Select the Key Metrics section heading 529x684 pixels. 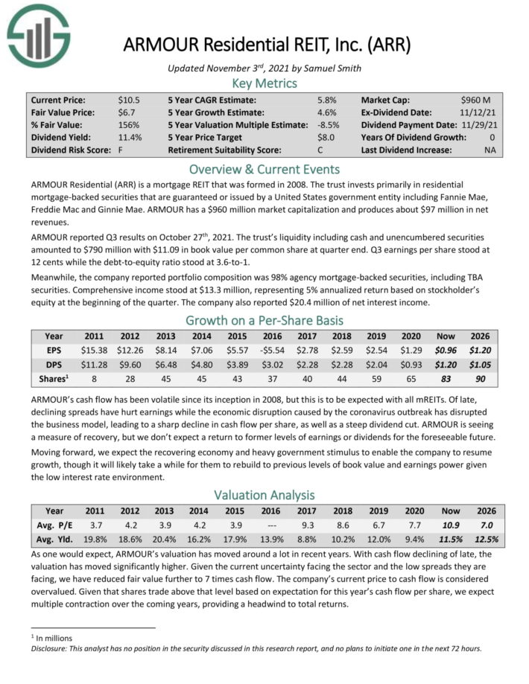tap(264, 83)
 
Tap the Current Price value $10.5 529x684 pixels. tap(129, 99)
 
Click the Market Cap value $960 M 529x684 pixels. tap(475, 99)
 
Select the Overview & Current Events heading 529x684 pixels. tap(264, 168)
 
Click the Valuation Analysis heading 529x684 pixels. tap(264, 495)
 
